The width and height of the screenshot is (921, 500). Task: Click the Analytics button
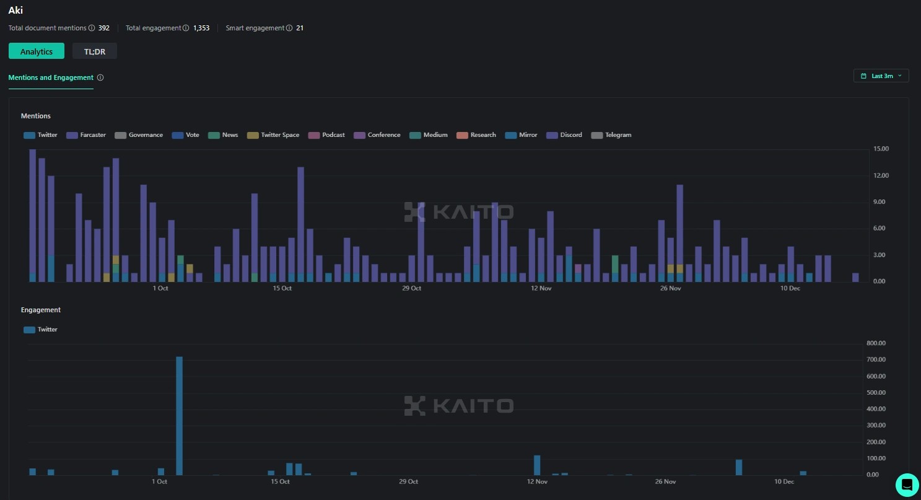point(37,51)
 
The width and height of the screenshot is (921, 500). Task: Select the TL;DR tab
point(95,51)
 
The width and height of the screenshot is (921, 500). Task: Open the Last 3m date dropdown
point(881,76)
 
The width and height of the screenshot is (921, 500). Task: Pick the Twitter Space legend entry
point(273,135)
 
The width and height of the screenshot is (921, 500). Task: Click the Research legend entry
point(476,135)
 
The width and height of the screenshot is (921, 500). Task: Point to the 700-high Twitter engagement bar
point(180,415)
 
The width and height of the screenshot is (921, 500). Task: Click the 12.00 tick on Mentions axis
point(880,176)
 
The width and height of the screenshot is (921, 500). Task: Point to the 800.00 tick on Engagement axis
point(878,343)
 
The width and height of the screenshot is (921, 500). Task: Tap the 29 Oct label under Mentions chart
point(411,288)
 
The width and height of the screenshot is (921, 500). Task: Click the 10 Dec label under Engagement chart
point(784,481)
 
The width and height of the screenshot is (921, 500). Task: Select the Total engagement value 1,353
point(201,28)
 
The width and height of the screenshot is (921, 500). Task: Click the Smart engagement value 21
point(300,28)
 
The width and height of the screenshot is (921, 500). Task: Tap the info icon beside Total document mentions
point(92,28)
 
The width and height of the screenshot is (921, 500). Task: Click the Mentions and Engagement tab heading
point(51,78)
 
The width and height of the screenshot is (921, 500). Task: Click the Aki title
point(15,11)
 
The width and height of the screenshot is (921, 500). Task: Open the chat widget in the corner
point(907,485)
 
